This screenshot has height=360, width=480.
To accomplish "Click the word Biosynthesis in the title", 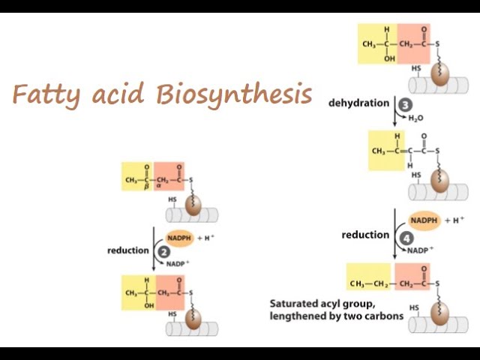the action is [x=235, y=94].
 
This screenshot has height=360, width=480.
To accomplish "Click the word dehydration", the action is [x=358, y=103].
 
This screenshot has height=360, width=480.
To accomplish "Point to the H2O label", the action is [x=416, y=118].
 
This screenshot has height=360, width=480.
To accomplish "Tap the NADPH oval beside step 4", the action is [x=424, y=220].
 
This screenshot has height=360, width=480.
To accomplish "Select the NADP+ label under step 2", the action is [x=178, y=264].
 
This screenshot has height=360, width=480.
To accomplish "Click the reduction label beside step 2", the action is [x=128, y=250].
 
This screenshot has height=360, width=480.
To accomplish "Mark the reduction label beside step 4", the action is [x=365, y=235].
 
